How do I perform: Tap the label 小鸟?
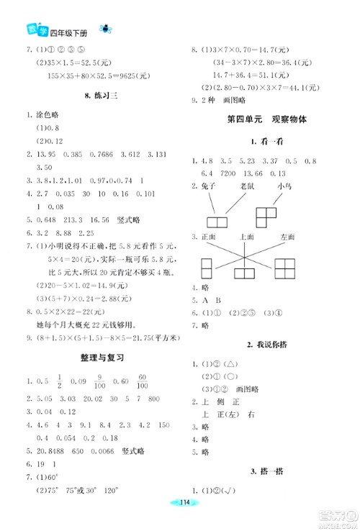point(286,186)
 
